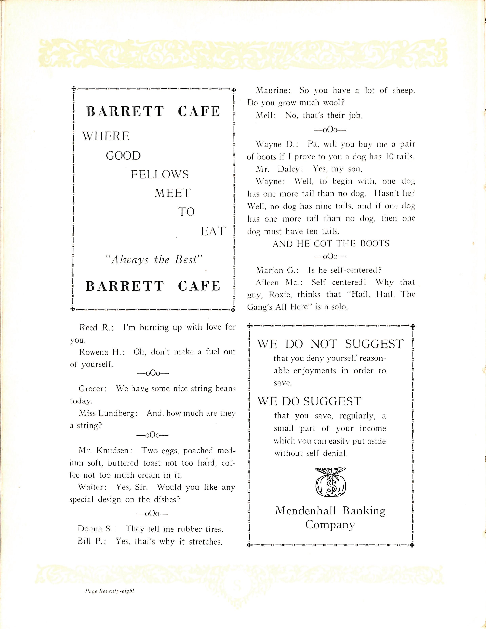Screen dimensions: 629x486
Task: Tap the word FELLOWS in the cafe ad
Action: coord(160,175)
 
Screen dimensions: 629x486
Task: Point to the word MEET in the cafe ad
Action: coord(173,193)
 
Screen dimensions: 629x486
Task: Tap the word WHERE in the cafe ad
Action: coord(106,136)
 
